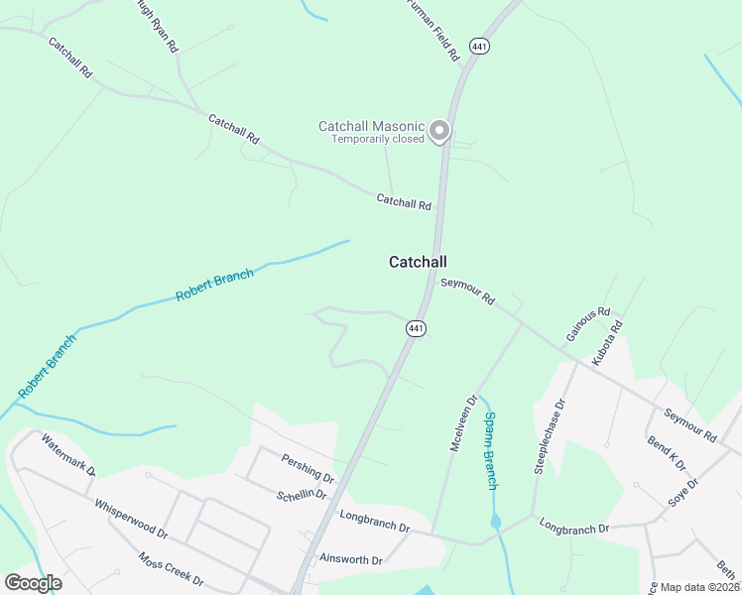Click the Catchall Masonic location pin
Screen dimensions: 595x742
(x=438, y=131)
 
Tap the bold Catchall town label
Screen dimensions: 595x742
(x=417, y=262)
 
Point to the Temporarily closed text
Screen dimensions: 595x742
(x=378, y=139)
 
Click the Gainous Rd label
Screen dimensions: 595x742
(x=587, y=324)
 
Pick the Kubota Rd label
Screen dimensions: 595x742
(x=607, y=343)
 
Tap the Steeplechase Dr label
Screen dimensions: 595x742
(x=549, y=437)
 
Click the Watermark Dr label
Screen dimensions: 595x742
(x=67, y=454)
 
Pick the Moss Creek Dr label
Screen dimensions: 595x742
(x=171, y=568)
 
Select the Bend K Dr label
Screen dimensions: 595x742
(x=667, y=454)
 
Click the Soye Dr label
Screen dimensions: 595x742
(x=684, y=492)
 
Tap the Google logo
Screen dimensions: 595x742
(x=33, y=583)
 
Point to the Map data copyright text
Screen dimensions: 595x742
(x=700, y=587)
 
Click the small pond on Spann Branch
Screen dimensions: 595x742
(x=495, y=522)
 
